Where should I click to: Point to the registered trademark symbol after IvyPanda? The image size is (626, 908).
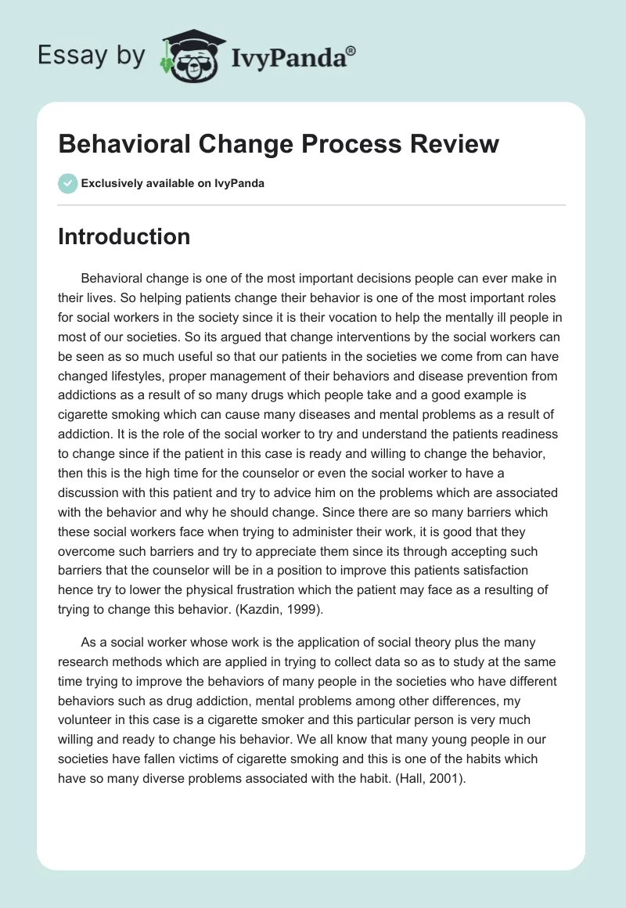coord(351,51)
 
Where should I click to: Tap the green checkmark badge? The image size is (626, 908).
coord(67,183)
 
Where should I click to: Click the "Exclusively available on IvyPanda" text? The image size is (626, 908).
coord(172,184)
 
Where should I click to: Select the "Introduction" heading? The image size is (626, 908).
coord(124,236)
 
